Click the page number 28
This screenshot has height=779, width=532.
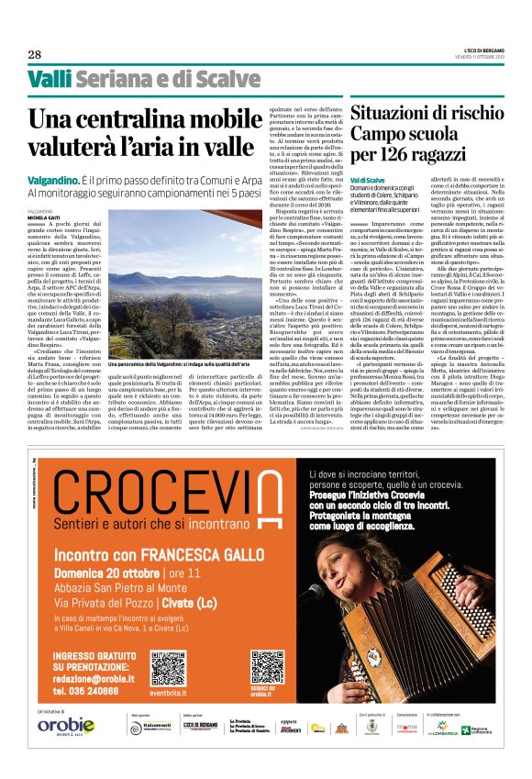(35, 53)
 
